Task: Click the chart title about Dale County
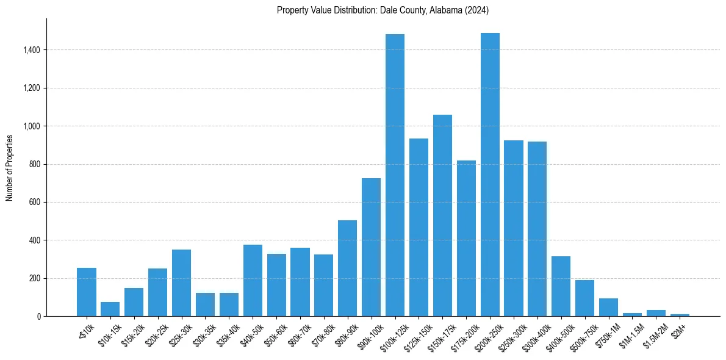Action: [x=383, y=10]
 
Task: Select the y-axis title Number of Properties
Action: [x=10, y=168]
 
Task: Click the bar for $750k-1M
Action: [x=608, y=308]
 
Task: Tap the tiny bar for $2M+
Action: [x=680, y=315]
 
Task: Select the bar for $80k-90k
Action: [x=347, y=268]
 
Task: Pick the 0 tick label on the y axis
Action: [x=39, y=317]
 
